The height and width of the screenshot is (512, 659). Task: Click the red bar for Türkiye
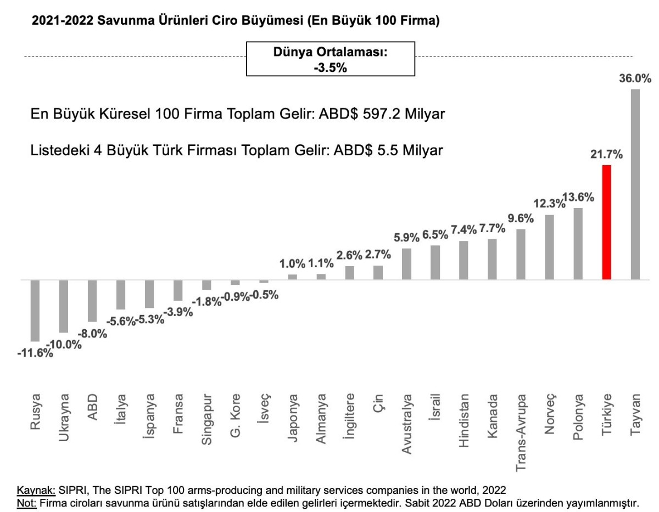pyautogui.click(x=607, y=222)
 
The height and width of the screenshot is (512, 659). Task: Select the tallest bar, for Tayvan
pyautogui.click(x=635, y=184)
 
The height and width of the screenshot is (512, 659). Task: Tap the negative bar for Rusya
pyautogui.click(x=35, y=311)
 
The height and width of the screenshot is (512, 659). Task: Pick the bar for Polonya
pyautogui.click(x=578, y=244)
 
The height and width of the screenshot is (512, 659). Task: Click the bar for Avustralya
pyautogui.click(x=406, y=264)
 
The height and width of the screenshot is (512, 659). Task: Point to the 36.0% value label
pyautogui.click(x=635, y=79)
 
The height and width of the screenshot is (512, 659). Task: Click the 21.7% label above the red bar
pyautogui.click(x=606, y=155)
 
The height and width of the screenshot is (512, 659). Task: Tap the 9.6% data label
pyautogui.click(x=521, y=219)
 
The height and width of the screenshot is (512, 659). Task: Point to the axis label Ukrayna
pyautogui.click(x=63, y=418)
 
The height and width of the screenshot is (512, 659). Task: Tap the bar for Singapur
pyautogui.click(x=206, y=285)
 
